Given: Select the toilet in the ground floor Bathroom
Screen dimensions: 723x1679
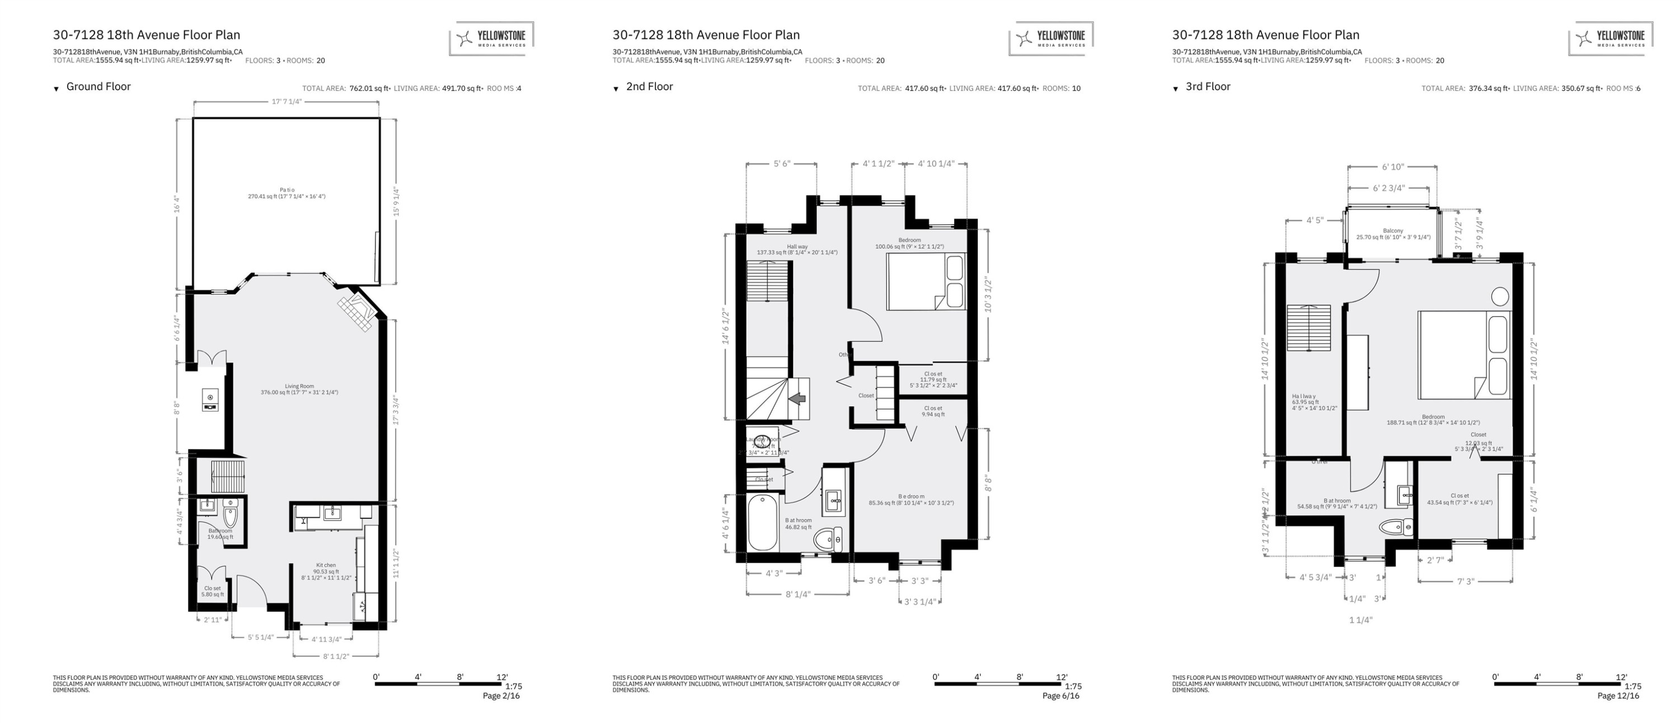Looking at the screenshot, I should (x=230, y=514).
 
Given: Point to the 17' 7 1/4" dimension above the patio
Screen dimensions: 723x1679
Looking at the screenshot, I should (x=287, y=102).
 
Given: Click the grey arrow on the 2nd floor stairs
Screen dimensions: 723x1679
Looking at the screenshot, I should (x=797, y=399).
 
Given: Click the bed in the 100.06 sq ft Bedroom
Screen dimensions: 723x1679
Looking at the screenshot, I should (x=926, y=281).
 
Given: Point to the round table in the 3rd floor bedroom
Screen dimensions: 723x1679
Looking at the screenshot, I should (x=1500, y=296).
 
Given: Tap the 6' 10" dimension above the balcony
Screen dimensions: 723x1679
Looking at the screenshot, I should (x=1393, y=167).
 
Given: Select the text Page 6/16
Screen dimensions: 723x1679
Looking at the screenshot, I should (x=1061, y=696).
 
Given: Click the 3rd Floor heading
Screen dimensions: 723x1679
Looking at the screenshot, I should (x=1208, y=87).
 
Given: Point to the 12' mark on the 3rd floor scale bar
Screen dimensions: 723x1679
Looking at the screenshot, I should (x=1621, y=677).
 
